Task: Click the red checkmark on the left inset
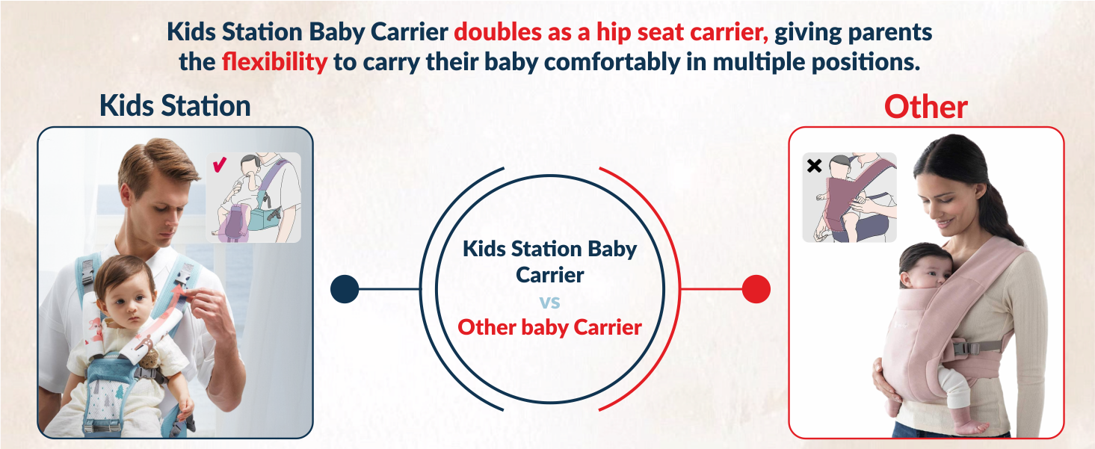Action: point(220,164)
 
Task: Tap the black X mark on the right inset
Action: point(815,166)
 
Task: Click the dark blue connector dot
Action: point(345,289)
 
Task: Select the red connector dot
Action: point(756,289)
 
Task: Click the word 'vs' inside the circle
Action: point(549,302)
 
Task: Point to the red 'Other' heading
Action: point(925,108)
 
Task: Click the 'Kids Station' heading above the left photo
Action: point(175,106)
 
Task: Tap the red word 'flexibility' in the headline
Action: point(274,61)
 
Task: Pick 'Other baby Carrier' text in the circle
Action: point(549,327)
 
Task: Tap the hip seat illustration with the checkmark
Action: point(254,198)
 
